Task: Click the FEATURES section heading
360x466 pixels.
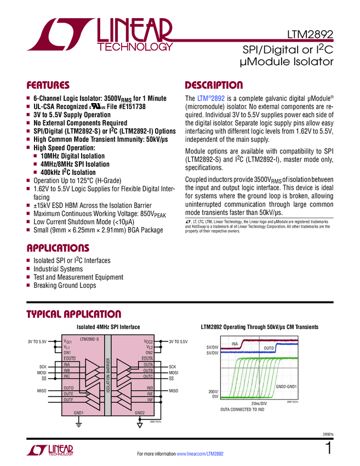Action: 49,86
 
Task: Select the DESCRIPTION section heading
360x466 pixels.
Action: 214,86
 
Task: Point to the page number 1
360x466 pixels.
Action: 327,448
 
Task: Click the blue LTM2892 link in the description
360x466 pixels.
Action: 210,98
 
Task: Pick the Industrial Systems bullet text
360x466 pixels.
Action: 58,269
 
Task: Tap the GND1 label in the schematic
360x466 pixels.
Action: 78,413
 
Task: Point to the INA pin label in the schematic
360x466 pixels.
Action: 67,365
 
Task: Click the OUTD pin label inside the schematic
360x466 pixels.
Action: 69,388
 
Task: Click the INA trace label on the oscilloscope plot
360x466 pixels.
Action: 236,344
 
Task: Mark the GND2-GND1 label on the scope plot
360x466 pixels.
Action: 285,387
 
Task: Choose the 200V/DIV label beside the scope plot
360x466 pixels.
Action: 213,393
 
